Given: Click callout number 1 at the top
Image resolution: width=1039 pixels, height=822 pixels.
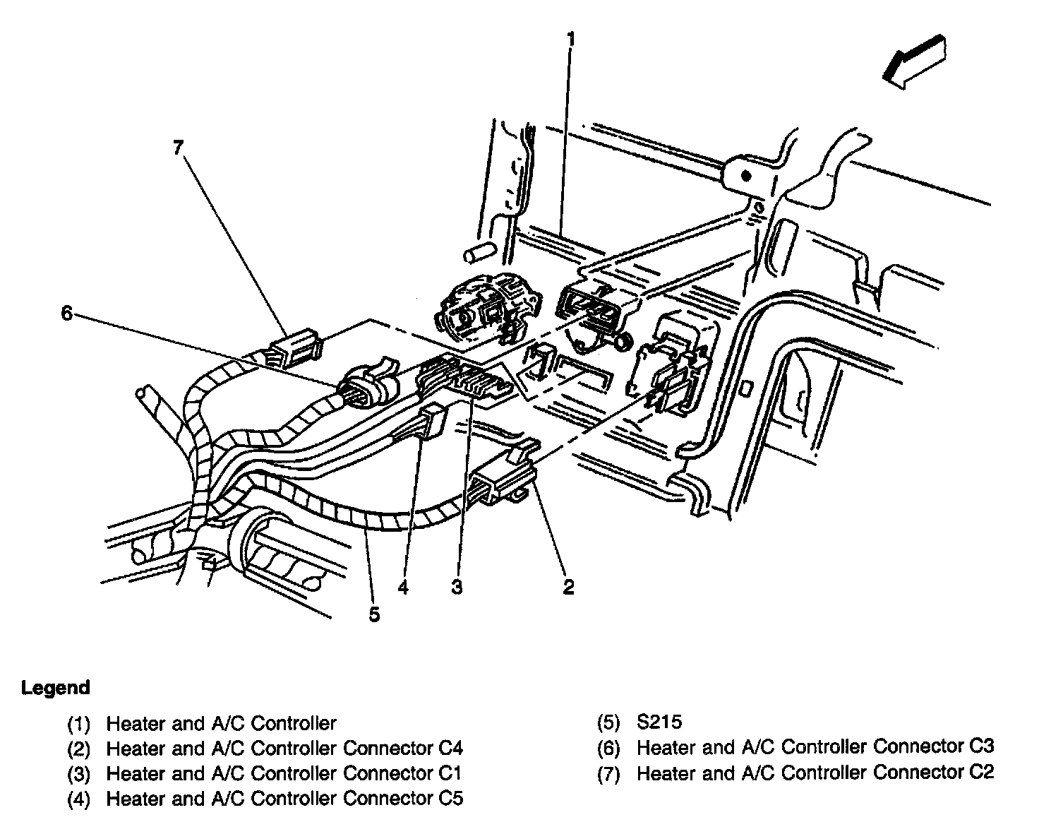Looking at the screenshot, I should click(570, 39).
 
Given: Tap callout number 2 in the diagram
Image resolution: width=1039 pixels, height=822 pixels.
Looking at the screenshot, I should click(569, 587).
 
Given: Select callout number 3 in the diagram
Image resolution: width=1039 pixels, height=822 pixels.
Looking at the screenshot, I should click(457, 587).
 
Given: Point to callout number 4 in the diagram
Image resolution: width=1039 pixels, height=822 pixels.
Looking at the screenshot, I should click(403, 587).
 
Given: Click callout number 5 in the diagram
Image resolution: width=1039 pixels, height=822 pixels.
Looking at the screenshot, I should click(374, 614).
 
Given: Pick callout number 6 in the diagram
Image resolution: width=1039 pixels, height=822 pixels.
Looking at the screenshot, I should click(66, 312).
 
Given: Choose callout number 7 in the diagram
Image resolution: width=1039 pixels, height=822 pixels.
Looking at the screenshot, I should click(178, 148).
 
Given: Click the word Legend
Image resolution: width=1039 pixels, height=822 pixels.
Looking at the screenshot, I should click(56, 687).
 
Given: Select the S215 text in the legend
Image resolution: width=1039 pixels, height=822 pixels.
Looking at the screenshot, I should click(659, 722).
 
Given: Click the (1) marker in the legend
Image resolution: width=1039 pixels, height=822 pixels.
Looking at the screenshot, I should click(79, 724).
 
